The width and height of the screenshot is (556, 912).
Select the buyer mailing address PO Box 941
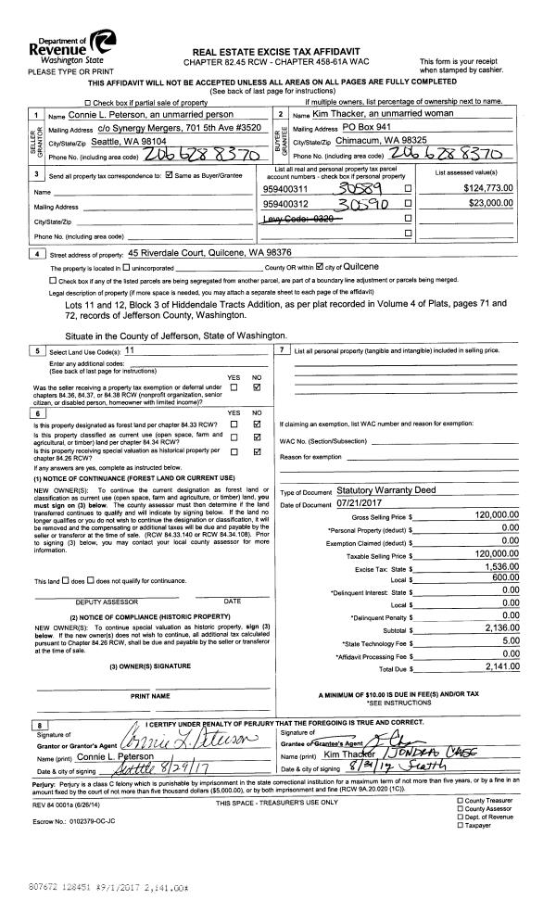pos(362,127)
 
